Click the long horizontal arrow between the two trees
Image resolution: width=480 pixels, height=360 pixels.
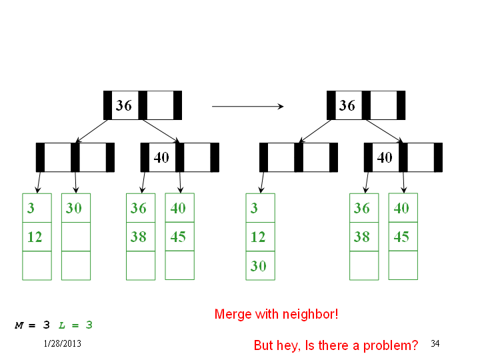coord(247,106)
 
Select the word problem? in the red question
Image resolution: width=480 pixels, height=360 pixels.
coord(391,345)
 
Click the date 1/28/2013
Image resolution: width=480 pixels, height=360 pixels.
coord(63,343)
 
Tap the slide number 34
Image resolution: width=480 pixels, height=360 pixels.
coord(435,343)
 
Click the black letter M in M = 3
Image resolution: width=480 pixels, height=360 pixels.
coord(19,325)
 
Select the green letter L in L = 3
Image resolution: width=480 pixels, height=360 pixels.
coord(62,325)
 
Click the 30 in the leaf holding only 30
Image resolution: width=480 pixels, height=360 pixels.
coord(74,208)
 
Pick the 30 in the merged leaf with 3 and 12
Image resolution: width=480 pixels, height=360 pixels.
coord(259,266)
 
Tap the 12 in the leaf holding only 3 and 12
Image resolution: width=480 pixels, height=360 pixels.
coord(35,237)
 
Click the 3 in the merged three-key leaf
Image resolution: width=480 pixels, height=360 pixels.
coord(254,208)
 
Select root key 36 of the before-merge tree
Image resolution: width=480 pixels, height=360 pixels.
coord(124,105)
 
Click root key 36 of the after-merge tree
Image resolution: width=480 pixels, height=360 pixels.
coord(347,105)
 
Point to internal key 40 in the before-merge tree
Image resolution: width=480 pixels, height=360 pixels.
coord(161,157)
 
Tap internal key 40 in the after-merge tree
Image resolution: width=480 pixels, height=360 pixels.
coord(385,157)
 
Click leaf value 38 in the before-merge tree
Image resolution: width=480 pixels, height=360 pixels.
coord(139,237)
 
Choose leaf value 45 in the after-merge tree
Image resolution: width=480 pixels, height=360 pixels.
coord(401,237)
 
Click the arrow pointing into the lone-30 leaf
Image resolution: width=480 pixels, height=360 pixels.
coord(76,183)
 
